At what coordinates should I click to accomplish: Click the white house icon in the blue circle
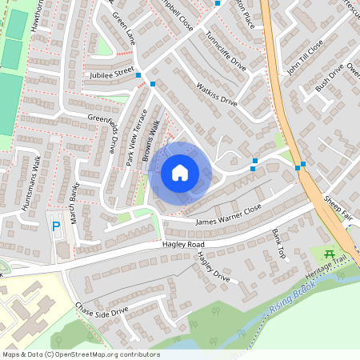click(x=180, y=172)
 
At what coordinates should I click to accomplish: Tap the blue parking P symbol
click(x=56, y=226)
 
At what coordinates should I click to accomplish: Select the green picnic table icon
click(x=329, y=255)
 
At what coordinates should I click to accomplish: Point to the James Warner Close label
click(x=228, y=211)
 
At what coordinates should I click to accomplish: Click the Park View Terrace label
click(x=135, y=137)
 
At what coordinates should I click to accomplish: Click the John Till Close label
click(x=305, y=57)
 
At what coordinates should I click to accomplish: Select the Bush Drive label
click(x=328, y=77)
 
